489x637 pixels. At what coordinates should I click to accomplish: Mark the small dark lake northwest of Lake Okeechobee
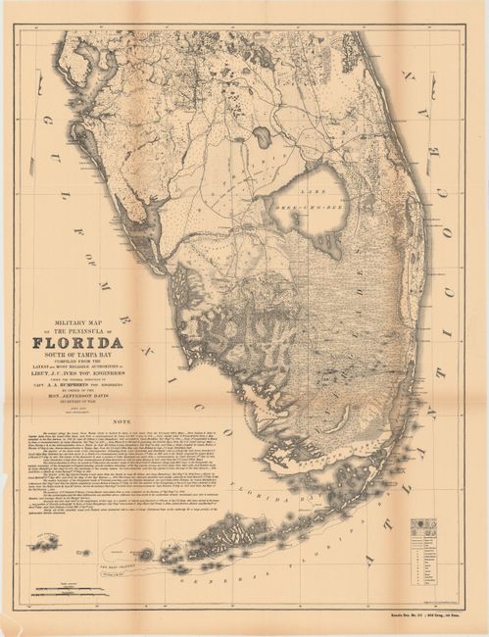click(x=263, y=137)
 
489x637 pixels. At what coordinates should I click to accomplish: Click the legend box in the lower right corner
click(x=425, y=554)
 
